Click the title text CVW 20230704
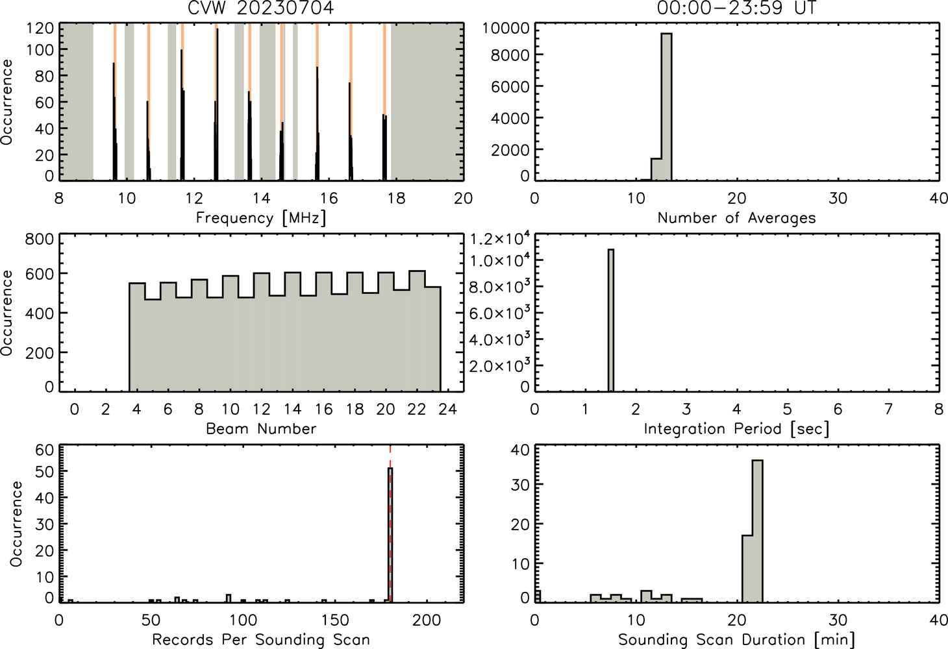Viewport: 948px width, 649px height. [261, 7]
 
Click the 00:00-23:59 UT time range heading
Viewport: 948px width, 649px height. [736, 7]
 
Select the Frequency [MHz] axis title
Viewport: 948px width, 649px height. [261, 218]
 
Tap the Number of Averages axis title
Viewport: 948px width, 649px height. [736, 218]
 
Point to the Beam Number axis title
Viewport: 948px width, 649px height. [261, 428]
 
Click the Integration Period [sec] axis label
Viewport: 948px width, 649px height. [736, 429]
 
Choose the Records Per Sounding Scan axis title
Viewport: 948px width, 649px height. [261, 639]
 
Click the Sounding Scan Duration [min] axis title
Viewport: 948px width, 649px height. [736, 640]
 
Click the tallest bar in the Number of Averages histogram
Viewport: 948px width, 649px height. [667, 106]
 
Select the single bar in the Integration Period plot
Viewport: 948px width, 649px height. [611, 320]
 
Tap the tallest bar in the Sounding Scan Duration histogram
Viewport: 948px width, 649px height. [758, 531]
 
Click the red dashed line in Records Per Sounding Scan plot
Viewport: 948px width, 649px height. [390, 524]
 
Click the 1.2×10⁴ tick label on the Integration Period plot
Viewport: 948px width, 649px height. [500, 239]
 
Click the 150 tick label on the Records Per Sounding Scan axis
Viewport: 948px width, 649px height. [335, 620]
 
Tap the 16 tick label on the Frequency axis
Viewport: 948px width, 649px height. [329, 198]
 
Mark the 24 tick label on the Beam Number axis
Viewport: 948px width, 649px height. [448, 409]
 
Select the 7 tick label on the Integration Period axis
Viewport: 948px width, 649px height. [888, 409]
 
